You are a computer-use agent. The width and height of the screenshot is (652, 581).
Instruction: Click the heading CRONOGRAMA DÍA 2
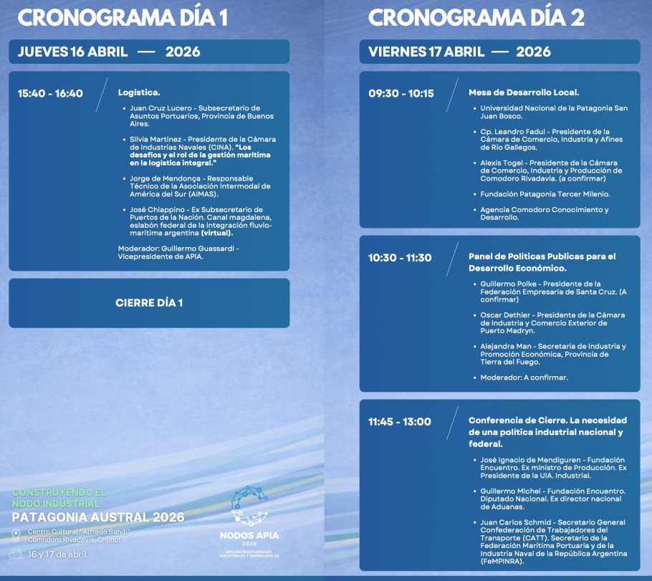476,17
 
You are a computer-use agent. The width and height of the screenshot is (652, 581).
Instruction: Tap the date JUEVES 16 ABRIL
72,52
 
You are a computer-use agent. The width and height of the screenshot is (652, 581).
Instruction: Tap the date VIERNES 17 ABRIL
427,52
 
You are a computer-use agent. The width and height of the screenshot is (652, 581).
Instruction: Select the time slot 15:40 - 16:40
50,93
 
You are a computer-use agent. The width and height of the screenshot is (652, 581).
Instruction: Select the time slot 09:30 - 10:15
401,93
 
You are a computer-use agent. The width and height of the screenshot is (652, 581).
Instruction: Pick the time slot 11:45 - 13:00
400,421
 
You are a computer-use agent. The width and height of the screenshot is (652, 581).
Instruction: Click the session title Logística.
139,92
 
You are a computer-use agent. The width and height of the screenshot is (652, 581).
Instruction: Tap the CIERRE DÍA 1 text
149,303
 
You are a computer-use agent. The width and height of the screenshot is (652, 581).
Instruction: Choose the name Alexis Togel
502,163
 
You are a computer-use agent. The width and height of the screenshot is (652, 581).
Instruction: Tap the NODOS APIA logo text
249,535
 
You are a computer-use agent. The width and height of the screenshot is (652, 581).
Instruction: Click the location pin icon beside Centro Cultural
16,534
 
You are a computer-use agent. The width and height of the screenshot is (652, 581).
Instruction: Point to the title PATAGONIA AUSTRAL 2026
98,517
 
